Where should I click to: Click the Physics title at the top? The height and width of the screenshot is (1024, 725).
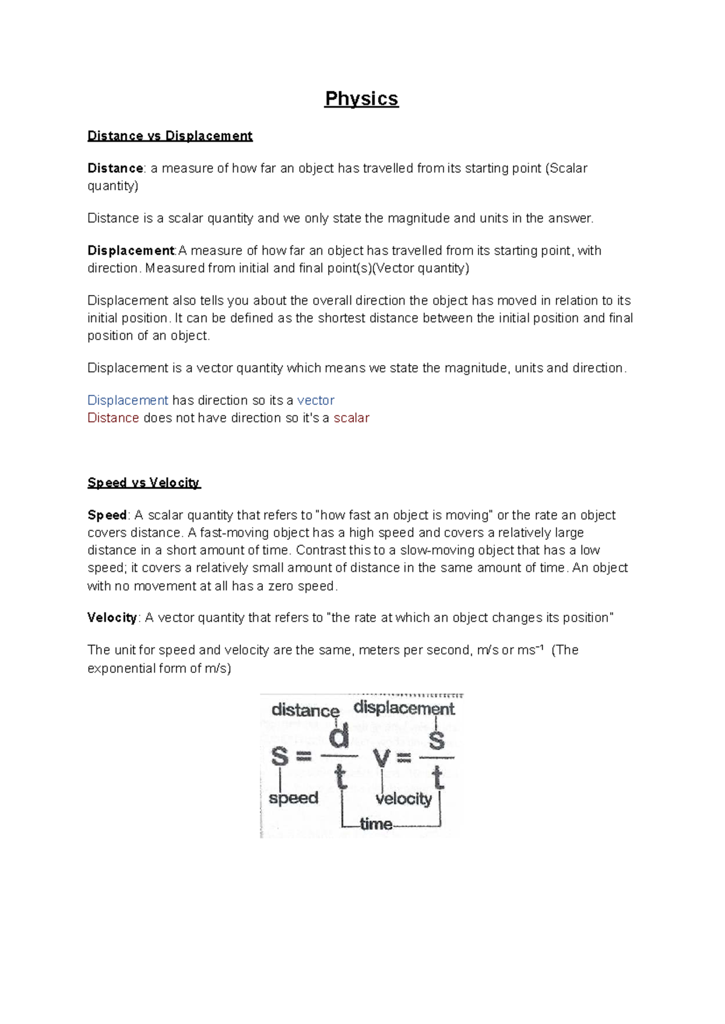pyautogui.click(x=361, y=99)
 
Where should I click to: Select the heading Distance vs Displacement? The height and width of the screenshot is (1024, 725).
pyautogui.click(x=170, y=135)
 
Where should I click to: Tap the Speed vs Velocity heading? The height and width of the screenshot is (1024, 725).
pyautogui.click(x=144, y=482)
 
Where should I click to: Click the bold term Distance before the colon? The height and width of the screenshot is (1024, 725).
pyautogui.click(x=115, y=168)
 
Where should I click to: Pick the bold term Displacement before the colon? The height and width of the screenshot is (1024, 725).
pyautogui.click(x=130, y=250)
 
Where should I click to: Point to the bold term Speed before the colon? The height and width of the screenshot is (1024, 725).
pyautogui.click(x=107, y=515)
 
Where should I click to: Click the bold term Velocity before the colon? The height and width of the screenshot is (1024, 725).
pyautogui.click(x=112, y=618)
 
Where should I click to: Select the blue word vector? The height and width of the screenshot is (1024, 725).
pyautogui.click(x=315, y=400)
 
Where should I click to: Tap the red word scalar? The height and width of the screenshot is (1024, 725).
pyautogui.click(x=351, y=418)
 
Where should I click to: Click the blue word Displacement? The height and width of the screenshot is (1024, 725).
pyautogui.click(x=127, y=400)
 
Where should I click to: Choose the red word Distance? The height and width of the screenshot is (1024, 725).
pyautogui.click(x=113, y=418)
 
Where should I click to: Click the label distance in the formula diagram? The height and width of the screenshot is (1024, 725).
pyautogui.click(x=305, y=710)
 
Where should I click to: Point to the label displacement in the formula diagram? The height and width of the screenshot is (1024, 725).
pyautogui.click(x=404, y=708)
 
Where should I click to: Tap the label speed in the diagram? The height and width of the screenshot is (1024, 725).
pyautogui.click(x=294, y=798)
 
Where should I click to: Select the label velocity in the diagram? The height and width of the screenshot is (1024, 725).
pyautogui.click(x=404, y=799)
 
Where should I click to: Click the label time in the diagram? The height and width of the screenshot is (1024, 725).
pyautogui.click(x=376, y=824)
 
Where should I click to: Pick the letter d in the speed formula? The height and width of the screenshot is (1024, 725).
pyautogui.click(x=339, y=737)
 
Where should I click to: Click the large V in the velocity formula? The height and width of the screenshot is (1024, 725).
pyautogui.click(x=382, y=757)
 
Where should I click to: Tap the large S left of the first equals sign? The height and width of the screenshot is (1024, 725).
pyautogui.click(x=280, y=756)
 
